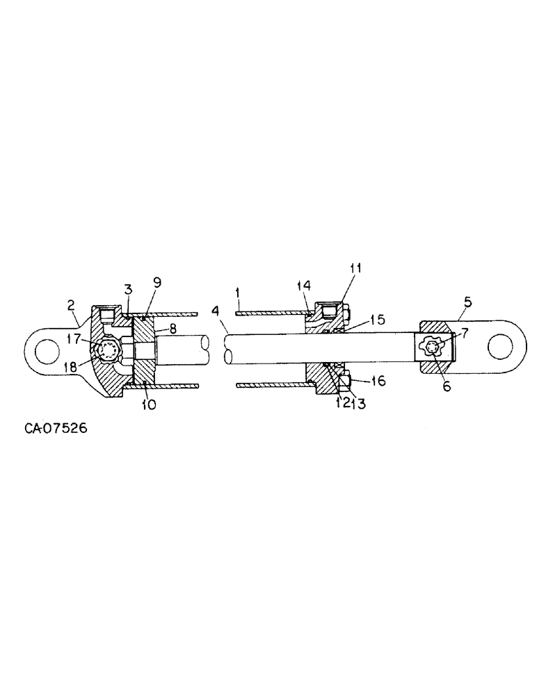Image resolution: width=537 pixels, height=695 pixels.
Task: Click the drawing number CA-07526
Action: click(56, 429)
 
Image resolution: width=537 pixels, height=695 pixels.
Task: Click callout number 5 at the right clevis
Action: click(467, 302)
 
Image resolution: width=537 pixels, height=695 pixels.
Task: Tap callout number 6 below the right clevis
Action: click(447, 386)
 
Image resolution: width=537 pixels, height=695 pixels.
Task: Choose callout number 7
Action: click(464, 332)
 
